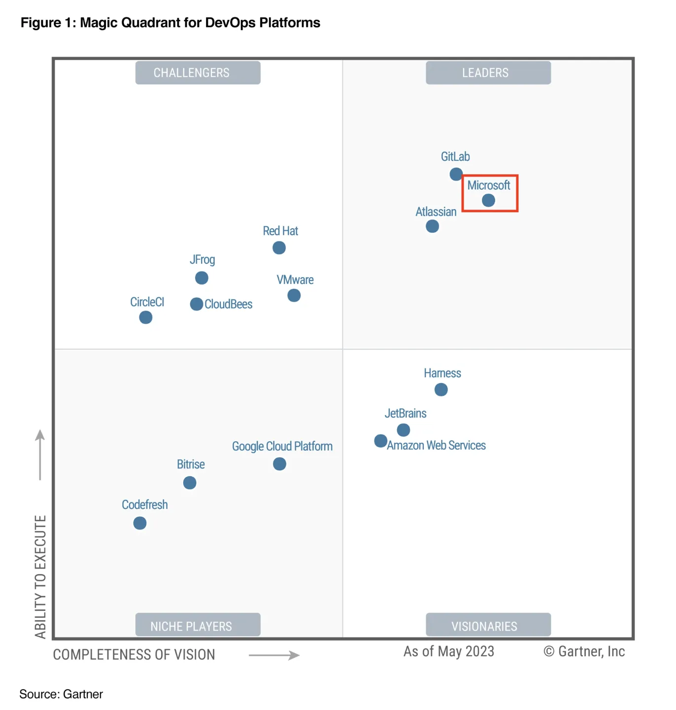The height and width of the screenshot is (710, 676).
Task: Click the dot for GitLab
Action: (456, 174)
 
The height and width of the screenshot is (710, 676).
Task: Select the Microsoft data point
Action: (488, 200)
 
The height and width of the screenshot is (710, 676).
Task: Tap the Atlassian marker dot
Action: (432, 226)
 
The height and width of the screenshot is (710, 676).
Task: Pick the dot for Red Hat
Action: (279, 248)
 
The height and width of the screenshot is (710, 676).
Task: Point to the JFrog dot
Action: (202, 278)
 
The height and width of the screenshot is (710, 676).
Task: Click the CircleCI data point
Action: (145, 317)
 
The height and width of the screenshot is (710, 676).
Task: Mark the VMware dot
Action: (294, 295)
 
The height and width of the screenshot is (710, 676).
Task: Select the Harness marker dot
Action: (441, 390)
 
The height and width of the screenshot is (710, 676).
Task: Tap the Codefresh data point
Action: (140, 523)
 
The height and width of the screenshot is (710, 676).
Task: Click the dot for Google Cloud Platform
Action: (279, 464)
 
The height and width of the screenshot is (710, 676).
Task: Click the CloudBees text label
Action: (228, 304)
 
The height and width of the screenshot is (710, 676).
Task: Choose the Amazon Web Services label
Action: (436, 445)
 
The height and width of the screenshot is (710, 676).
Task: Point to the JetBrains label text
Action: (406, 413)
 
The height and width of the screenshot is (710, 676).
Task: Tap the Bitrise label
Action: (191, 464)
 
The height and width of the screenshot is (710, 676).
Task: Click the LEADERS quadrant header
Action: (488, 72)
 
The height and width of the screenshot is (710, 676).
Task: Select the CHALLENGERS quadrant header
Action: (198, 72)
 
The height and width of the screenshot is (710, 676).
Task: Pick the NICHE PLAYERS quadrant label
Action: (198, 626)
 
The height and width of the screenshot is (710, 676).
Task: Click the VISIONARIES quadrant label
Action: (488, 626)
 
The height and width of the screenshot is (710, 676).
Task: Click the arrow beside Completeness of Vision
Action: (274, 655)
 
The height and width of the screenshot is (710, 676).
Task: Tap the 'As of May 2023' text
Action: (448, 651)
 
